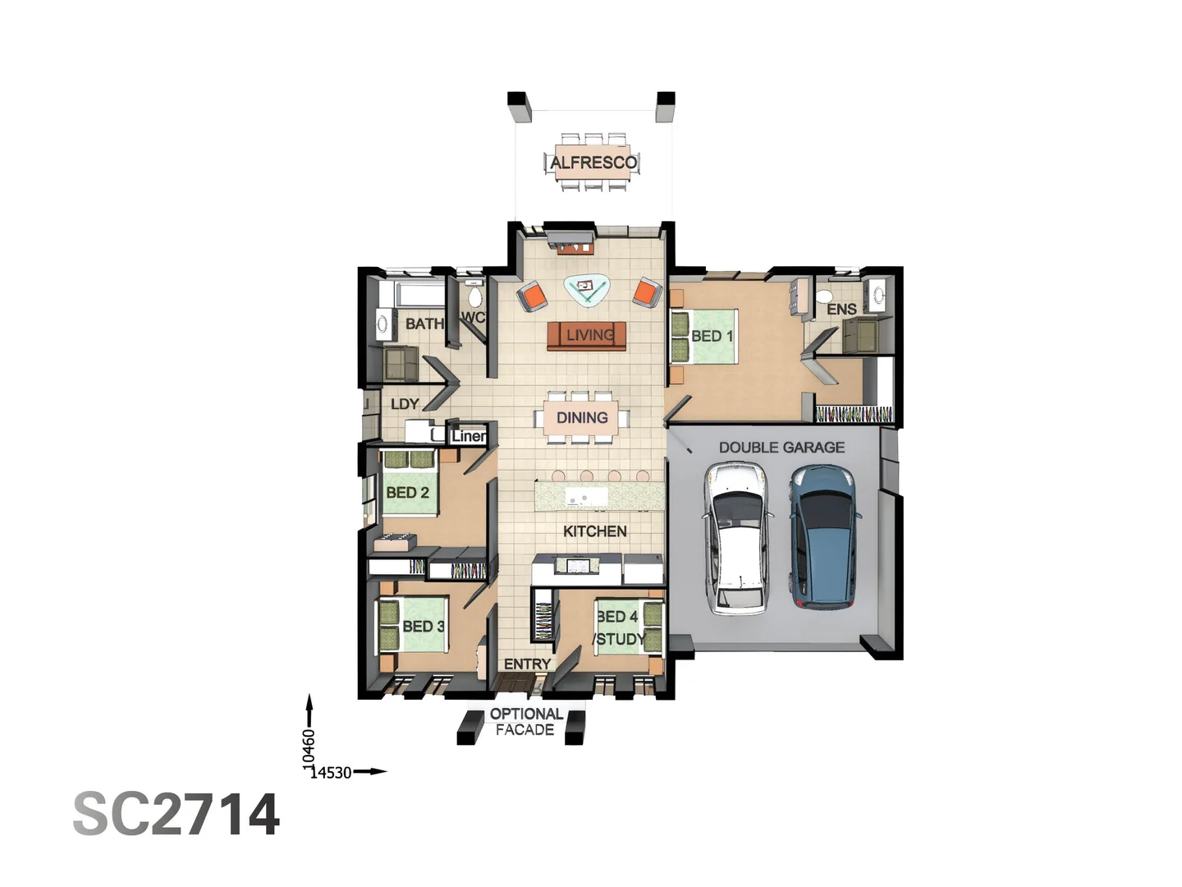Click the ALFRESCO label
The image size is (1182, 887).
pyautogui.click(x=593, y=163)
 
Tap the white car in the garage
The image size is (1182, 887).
pyautogui.click(x=737, y=538)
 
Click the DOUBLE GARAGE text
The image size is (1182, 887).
pyautogui.click(x=781, y=448)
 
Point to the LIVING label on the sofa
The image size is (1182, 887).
pyautogui.click(x=589, y=335)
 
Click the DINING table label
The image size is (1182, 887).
pyautogui.click(x=582, y=418)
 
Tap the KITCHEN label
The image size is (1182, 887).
pyautogui.click(x=594, y=531)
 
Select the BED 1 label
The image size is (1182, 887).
pyautogui.click(x=712, y=336)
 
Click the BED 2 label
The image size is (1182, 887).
pyautogui.click(x=407, y=493)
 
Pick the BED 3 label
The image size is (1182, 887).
pyautogui.click(x=423, y=626)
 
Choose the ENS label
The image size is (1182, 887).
pyautogui.click(x=841, y=310)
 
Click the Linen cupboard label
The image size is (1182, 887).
pyautogui.click(x=468, y=436)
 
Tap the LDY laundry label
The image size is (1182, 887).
pyautogui.click(x=405, y=404)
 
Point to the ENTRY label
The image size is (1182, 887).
pyautogui.click(x=527, y=664)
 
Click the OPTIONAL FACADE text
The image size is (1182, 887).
pyautogui.click(x=526, y=722)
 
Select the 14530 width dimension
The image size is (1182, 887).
pyautogui.click(x=331, y=773)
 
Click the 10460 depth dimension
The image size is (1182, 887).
pyautogui.click(x=309, y=748)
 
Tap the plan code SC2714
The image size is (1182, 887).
pyautogui.click(x=176, y=815)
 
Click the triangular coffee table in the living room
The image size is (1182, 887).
pyautogui.click(x=586, y=288)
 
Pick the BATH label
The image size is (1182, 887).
pyautogui.click(x=424, y=324)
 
